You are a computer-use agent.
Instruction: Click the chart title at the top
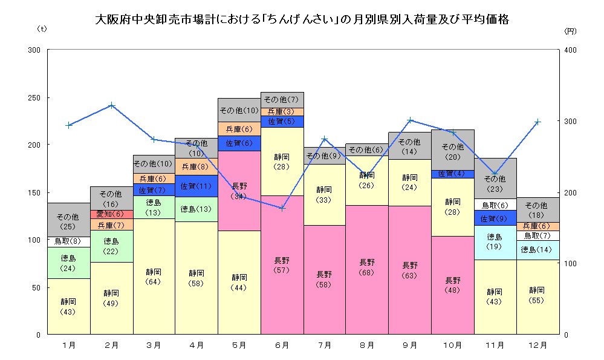(302, 19)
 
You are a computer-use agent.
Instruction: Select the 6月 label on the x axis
(282, 345)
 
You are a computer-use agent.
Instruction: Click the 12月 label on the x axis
(537, 345)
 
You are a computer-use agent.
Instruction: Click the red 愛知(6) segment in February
(111, 214)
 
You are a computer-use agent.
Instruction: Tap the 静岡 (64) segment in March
(154, 277)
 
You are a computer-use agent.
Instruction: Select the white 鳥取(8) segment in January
(68, 241)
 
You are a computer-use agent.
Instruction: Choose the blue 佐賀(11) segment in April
(196, 186)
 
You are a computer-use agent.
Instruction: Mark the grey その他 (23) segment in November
(495, 183)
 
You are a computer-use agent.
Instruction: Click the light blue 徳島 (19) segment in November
(495, 242)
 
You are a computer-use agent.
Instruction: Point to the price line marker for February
(111, 105)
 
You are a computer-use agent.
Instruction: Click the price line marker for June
(282, 208)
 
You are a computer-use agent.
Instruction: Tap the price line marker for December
(537, 122)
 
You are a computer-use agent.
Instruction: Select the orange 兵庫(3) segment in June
(282, 112)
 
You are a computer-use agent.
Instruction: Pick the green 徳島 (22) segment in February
(111, 246)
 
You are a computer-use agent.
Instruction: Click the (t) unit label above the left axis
(42, 28)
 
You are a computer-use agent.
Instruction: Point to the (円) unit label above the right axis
(570, 30)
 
